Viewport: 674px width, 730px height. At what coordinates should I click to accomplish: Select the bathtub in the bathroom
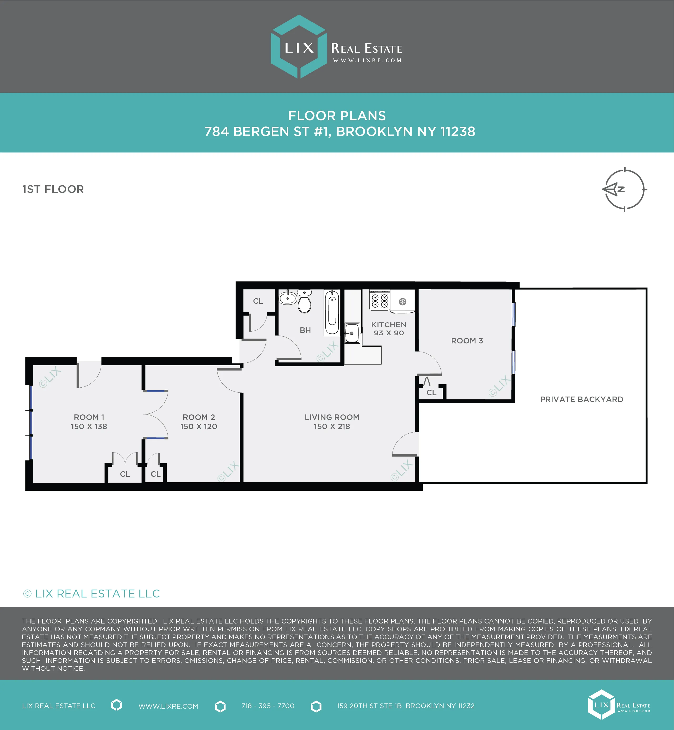click(332, 312)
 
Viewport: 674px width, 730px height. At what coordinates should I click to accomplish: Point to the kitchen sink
click(352, 333)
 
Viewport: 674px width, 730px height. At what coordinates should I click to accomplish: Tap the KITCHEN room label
click(389, 325)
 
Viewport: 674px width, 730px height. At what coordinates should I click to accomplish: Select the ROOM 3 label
click(467, 341)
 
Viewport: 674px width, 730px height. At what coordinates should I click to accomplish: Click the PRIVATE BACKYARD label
click(582, 399)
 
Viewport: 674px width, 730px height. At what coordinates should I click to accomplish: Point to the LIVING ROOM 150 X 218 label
click(332, 422)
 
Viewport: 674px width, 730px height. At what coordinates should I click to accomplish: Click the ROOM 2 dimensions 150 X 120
click(199, 426)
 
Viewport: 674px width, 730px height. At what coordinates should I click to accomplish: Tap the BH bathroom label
click(305, 330)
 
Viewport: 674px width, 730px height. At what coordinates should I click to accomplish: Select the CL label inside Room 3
click(431, 392)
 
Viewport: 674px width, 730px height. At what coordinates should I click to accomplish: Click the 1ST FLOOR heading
click(53, 189)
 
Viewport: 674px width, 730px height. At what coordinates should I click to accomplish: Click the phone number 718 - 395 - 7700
click(268, 706)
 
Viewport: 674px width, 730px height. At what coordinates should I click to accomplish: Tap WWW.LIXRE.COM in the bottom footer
click(168, 706)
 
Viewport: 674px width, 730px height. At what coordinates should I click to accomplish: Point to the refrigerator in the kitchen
click(402, 301)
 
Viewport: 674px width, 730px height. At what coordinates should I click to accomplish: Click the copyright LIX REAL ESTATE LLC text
click(92, 594)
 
